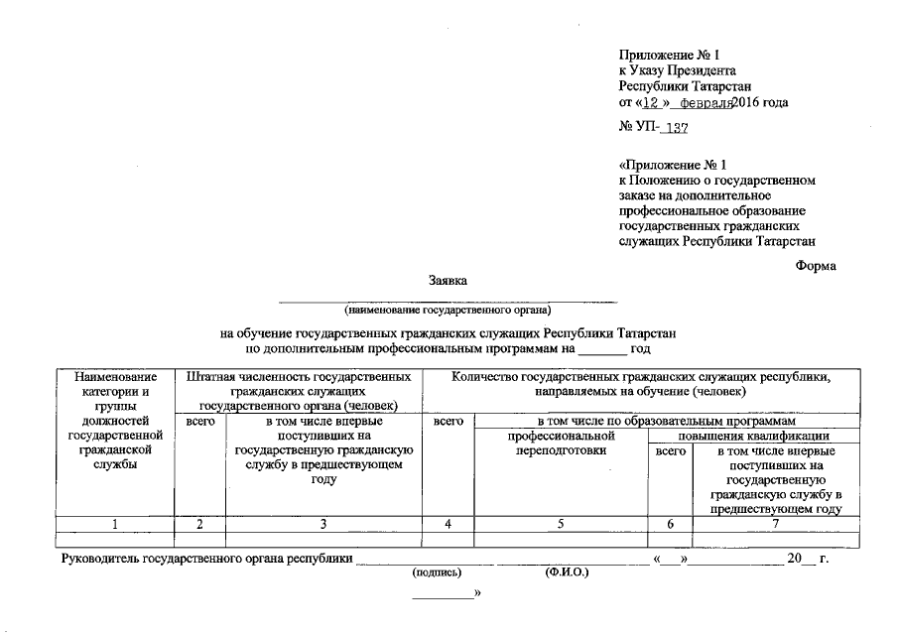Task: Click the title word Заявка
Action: (x=448, y=281)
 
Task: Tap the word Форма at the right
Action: (x=817, y=265)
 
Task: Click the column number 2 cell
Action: (x=199, y=524)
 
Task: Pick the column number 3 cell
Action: (x=322, y=524)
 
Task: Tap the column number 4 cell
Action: (x=449, y=524)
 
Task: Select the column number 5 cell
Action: (x=561, y=524)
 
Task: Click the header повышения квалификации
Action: (x=753, y=437)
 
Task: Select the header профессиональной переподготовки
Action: (x=561, y=444)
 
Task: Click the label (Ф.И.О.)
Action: (x=567, y=573)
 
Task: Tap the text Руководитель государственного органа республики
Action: (x=206, y=560)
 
